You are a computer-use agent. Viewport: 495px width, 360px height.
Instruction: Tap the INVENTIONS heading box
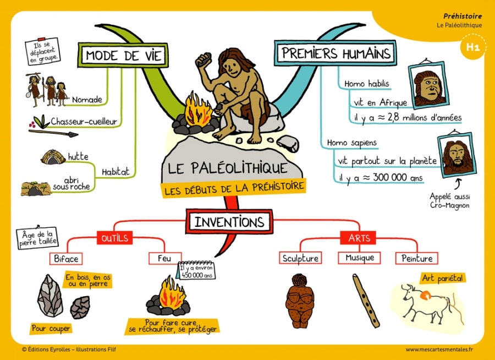tap(229, 222)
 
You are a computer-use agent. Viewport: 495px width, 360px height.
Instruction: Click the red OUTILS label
tap(114, 238)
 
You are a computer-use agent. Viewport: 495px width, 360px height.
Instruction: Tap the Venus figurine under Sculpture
tap(299, 301)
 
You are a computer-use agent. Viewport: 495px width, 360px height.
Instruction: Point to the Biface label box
tap(67, 258)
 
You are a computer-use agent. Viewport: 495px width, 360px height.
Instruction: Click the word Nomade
tap(87, 100)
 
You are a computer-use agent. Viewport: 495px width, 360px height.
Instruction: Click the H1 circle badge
tap(472, 48)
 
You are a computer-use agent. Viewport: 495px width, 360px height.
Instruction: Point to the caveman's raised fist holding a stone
tap(205, 58)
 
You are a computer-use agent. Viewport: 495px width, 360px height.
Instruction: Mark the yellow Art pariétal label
tap(443, 278)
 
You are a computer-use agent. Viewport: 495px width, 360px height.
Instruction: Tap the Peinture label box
tap(416, 258)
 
